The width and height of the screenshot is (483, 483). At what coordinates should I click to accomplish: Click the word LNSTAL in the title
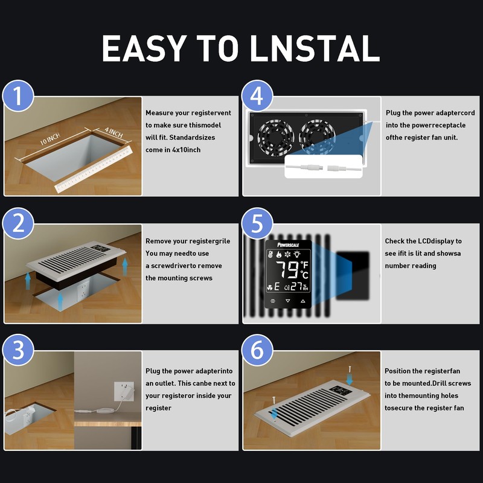click(x=315, y=48)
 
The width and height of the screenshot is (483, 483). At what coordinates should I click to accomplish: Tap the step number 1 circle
click(x=18, y=96)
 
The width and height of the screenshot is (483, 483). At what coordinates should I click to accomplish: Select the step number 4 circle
click(x=257, y=96)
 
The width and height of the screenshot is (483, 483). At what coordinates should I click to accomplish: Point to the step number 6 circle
click(x=257, y=350)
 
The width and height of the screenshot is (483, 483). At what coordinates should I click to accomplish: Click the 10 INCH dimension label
click(x=50, y=139)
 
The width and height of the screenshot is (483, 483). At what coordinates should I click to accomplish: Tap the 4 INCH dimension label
click(x=114, y=132)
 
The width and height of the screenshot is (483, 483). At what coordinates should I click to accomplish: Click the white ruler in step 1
click(x=94, y=170)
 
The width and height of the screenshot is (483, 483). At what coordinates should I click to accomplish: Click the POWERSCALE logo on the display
click(x=288, y=245)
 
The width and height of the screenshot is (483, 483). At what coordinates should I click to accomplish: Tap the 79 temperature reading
click(x=287, y=269)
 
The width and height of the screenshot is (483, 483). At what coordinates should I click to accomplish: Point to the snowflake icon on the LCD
click(x=287, y=254)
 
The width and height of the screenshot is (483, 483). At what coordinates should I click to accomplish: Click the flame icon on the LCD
click(x=279, y=254)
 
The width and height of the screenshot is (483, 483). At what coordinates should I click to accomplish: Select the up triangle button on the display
click(x=303, y=301)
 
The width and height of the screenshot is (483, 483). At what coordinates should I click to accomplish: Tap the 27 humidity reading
click(x=296, y=287)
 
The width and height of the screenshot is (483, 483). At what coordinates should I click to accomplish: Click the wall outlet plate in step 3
click(x=124, y=391)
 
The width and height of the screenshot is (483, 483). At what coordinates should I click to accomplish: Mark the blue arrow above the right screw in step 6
click(x=350, y=379)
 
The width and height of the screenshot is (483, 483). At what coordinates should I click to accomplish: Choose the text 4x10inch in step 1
click(x=186, y=150)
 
